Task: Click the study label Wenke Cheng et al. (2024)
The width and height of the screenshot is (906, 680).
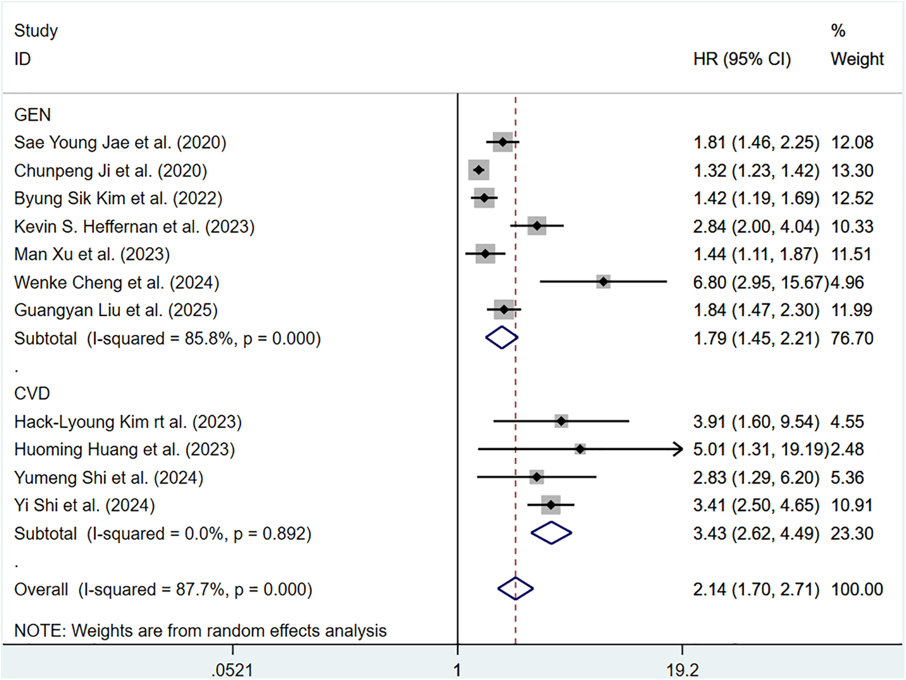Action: coord(116,283)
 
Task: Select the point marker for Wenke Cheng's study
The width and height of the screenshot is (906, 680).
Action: coord(603,282)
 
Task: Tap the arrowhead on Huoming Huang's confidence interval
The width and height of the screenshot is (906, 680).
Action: coord(679,449)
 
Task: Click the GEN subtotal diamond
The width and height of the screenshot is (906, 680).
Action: coord(501,338)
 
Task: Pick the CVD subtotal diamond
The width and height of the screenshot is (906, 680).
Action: coord(551,533)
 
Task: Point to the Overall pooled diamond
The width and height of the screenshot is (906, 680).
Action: coord(515,588)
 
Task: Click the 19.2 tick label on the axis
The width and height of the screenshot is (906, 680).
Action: coord(683,670)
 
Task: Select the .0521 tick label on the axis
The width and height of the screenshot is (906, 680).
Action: coord(232,670)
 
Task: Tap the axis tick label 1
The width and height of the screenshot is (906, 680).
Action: coord(457,670)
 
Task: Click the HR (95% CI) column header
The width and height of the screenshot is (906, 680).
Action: coord(742,59)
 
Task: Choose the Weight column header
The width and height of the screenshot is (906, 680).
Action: coord(857,59)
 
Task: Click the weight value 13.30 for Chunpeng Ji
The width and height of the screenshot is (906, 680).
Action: coord(852,171)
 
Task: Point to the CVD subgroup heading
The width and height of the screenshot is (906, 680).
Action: coord(32,393)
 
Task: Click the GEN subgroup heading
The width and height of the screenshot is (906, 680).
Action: coord(32,115)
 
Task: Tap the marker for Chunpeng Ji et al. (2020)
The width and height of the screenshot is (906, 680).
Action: coord(479,170)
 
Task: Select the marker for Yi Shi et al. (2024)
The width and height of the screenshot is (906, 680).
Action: coord(551,504)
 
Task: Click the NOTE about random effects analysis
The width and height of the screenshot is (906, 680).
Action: coord(200,631)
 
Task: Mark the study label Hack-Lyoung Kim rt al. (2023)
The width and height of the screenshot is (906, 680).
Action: coord(128,422)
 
